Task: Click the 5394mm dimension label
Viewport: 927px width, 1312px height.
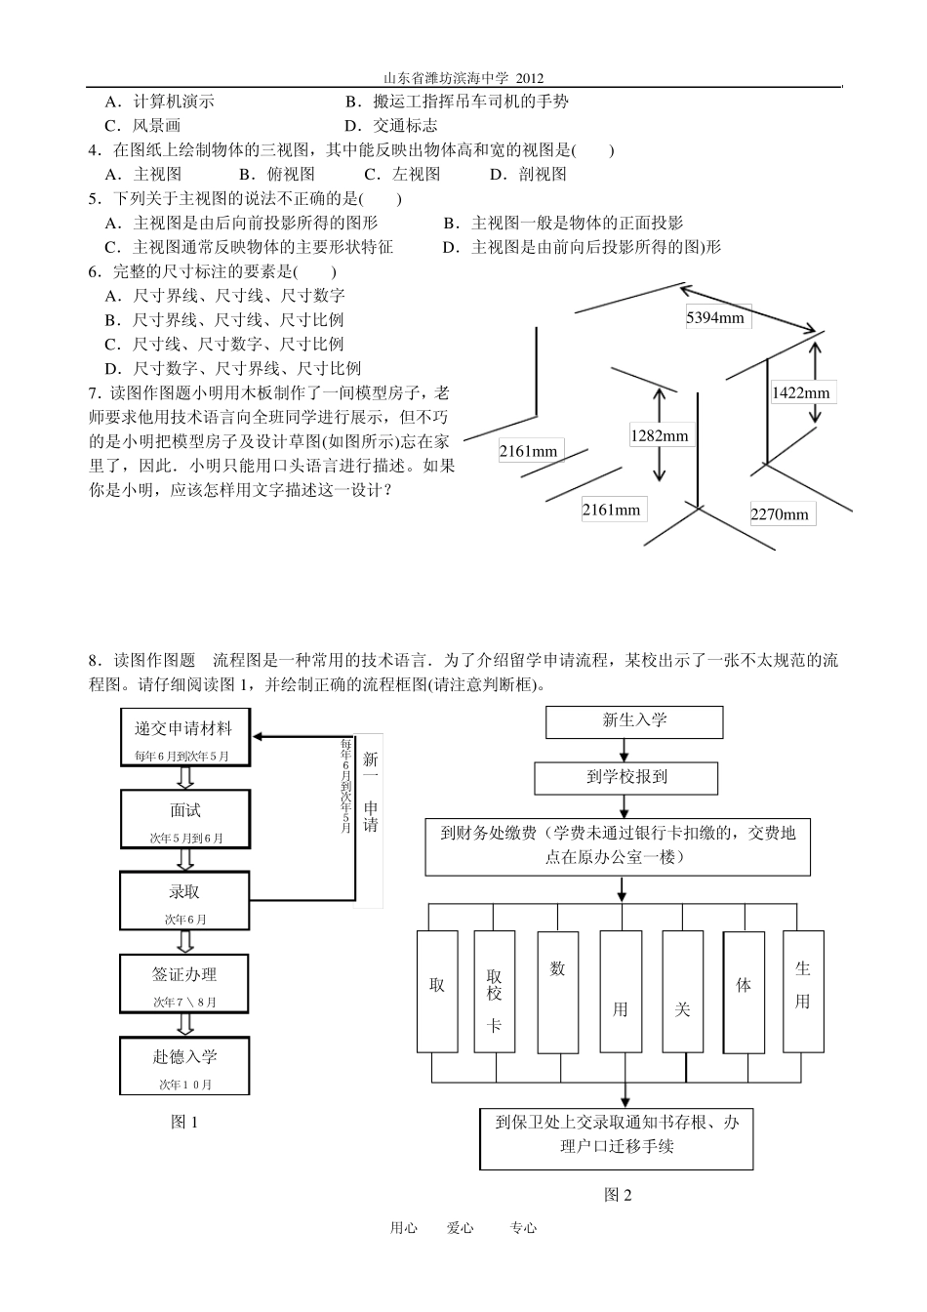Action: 715,316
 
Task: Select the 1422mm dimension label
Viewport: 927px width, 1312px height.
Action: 800,392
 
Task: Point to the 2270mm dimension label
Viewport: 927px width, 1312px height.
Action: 780,513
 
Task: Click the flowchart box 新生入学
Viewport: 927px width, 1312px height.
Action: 634,721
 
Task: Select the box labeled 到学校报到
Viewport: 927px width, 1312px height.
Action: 626,778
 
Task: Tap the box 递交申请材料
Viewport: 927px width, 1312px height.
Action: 183,737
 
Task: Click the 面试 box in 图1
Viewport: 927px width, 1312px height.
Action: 184,818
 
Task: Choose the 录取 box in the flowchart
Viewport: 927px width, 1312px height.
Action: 184,900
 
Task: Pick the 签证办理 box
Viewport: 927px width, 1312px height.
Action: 184,982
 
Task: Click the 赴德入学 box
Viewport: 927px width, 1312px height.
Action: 184,1065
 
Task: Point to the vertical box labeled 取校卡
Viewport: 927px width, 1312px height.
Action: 495,991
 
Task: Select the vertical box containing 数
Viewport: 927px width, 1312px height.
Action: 557,991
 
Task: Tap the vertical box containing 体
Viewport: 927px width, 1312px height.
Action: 744,991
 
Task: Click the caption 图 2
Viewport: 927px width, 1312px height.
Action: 618,1194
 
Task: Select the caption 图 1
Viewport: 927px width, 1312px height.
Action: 184,1122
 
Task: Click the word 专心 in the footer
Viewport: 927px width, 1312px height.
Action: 523,1228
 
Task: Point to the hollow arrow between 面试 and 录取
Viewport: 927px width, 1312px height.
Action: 184,859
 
